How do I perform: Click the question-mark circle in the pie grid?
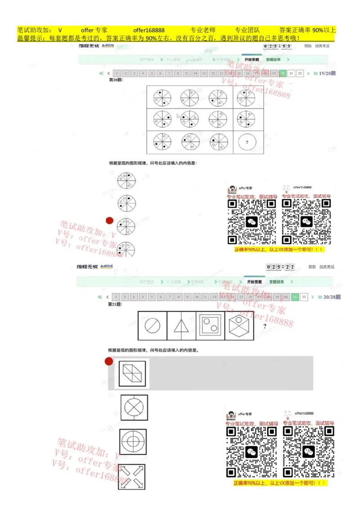(x=247, y=142)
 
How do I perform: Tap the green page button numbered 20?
(x=283, y=73)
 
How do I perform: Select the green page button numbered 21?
(x=295, y=297)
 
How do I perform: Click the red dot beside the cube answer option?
(x=109, y=361)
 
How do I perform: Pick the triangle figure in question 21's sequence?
(x=181, y=326)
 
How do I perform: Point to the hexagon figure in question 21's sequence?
(x=239, y=326)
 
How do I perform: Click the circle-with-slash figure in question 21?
(x=153, y=326)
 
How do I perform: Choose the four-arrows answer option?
(x=132, y=477)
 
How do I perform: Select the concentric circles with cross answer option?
(x=133, y=442)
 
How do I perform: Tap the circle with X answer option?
(x=134, y=407)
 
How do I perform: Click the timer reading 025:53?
(x=277, y=46)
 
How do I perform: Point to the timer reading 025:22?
(x=280, y=267)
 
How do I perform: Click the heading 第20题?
(x=116, y=80)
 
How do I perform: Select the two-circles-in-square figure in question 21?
(x=210, y=326)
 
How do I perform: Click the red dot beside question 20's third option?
(x=109, y=220)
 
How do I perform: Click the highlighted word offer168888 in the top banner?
(x=149, y=30)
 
